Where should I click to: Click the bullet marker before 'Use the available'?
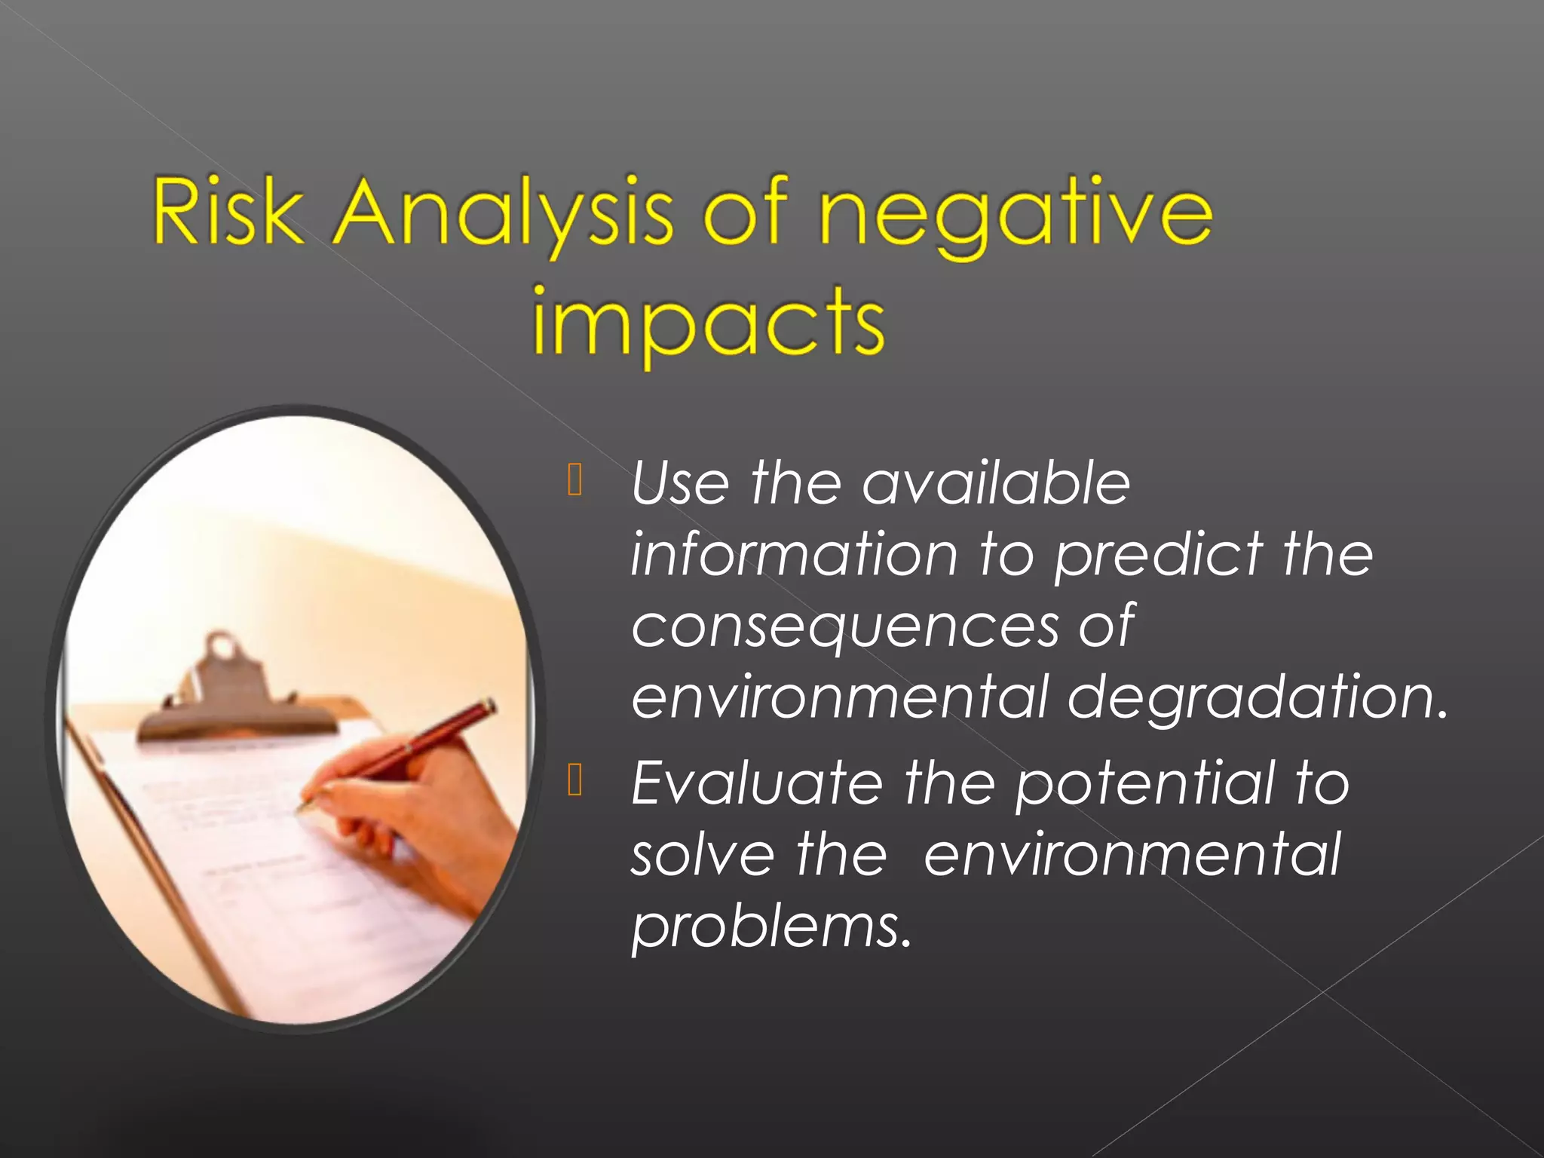point(575,480)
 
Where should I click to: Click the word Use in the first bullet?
point(679,483)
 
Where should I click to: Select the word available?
point(995,483)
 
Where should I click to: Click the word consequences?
point(844,627)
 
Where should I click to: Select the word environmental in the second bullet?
point(1132,855)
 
